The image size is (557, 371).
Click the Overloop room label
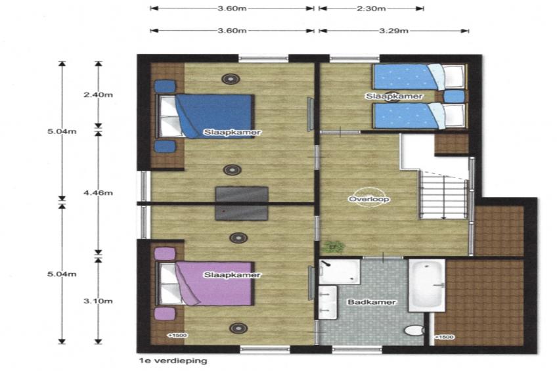(x=369, y=199)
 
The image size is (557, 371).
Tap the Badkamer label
(x=372, y=302)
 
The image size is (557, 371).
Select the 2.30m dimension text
(x=371, y=8)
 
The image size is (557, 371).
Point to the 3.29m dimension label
(x=393, y=30)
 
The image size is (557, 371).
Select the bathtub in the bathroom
(x=427, y=286)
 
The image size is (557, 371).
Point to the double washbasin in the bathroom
(x=328, y=303)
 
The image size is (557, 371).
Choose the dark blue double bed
(x=206, y=116)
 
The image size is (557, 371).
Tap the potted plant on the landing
(x=333, y=246)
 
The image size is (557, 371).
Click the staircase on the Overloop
(x=443, y=194)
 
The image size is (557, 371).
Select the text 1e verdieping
(x=173, y=360)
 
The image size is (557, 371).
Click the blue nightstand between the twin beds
(x=455, y=97)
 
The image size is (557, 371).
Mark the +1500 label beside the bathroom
(x=445, y=337)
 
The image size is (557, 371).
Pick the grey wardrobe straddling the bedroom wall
(x=242, y=203)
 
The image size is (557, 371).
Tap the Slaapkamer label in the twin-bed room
(x=394, y=97)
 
